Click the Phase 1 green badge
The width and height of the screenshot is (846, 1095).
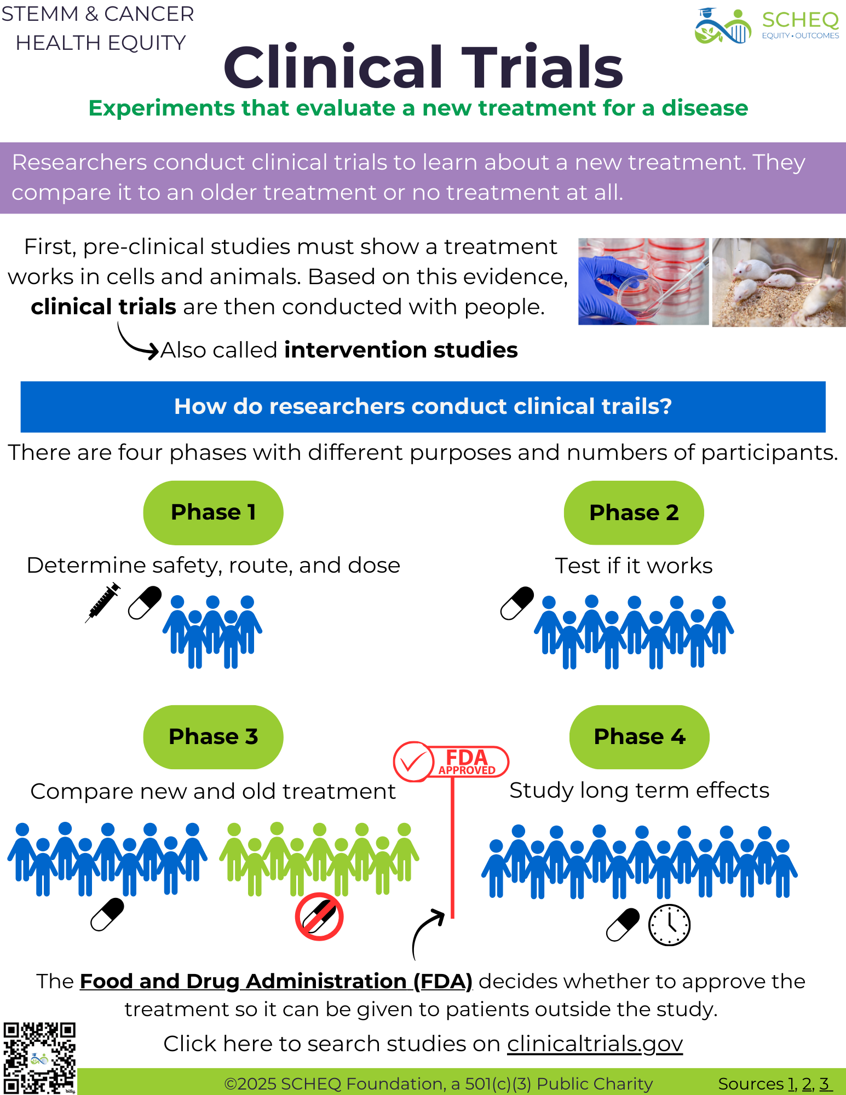[x=213, y=512]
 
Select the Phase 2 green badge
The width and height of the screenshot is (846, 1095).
[x=634, y=512]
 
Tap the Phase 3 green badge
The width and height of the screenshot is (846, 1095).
[x=213, y=737]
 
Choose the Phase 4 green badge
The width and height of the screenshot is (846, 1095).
[x=639, y=737]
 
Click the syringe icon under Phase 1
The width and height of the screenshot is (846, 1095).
[x=103, y=602]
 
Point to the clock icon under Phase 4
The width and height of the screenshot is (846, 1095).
[x=669, y=925]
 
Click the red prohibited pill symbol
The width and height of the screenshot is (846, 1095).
[x=319, y=917]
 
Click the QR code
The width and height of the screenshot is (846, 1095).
[x=39, y=1057]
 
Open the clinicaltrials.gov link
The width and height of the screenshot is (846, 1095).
[x=595, y=1044]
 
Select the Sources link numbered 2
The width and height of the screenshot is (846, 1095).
[x=807, y=1084]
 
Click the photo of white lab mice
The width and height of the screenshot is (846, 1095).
[x=779, y=282]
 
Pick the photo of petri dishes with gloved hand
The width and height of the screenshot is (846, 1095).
[x=643, y=281]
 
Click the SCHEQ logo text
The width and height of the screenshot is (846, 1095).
[x=800, y=21]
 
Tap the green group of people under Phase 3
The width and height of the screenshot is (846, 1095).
[x=319, y=857]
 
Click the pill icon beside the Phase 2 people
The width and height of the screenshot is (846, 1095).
[x=517, y=603]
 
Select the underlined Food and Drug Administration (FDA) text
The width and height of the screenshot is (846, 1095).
[x=276, y=982]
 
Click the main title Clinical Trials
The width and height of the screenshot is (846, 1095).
[x=423, y=67]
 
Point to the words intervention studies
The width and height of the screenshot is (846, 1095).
[x=401, y=350]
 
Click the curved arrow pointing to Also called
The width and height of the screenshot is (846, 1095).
[x=135, y=343]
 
